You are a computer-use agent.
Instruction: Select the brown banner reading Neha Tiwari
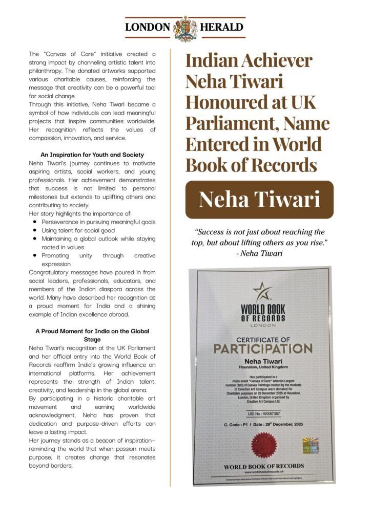259,200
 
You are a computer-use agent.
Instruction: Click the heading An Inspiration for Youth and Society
92,155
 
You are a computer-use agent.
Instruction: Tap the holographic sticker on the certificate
311,445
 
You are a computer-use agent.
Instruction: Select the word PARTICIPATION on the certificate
263,349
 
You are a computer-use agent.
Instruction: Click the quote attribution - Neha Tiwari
259,252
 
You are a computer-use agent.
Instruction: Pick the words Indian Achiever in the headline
249,60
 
